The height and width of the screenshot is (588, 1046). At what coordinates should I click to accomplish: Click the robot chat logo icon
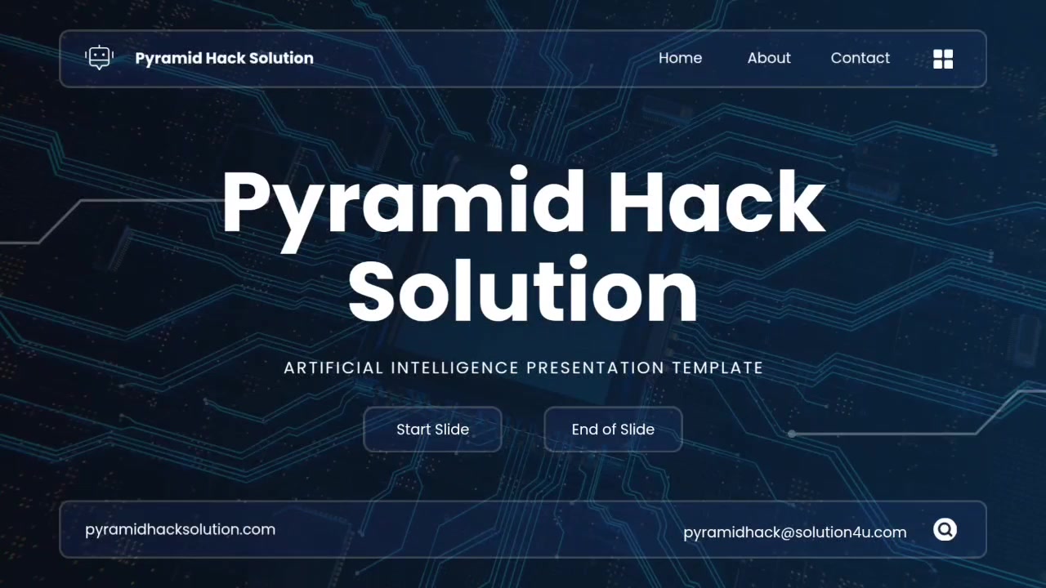pyautogui.click(x=100, y=58)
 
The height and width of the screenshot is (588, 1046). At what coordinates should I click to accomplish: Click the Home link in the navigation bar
pyautogui.click(x=681, y=58)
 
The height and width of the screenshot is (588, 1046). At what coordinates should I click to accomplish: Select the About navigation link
pyautogui.click(x=769, y=58)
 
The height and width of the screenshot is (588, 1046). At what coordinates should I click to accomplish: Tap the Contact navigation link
pyautogui.click(x=860, y=58)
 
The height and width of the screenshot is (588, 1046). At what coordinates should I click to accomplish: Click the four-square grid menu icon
pyautogui.click(x=943, y=59)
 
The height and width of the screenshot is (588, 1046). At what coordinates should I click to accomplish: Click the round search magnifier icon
pyautogui.click(x=945, y=530)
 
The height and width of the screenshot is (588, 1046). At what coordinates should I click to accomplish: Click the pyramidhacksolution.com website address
pyautogui.click(x=181, y=530)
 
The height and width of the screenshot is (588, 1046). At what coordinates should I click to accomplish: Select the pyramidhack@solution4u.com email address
pyautogui.click(x=795, y=532)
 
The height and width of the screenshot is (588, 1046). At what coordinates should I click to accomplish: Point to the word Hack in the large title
pyautogui.click(x=717, y=201)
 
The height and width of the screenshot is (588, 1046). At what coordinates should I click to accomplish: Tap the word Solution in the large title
pyautogui.click(x=523, y=289)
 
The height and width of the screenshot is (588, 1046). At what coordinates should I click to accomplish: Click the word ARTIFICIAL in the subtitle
pyautogui.click(x=334, y=367)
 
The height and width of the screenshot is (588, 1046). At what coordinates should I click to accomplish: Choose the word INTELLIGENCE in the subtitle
pyautogui.click(x=455, y=367)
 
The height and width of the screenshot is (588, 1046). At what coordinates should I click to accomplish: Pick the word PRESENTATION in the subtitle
pyautogui.click(x=596, y=367)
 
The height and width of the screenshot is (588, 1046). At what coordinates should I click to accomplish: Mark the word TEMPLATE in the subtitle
pyautogui.click(x=717, y=367)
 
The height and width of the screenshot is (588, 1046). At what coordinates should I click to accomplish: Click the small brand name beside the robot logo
pyautogui.click(x=224, y=58)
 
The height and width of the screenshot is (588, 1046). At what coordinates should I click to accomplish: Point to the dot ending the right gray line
pyautogui.click(x=792, y=434)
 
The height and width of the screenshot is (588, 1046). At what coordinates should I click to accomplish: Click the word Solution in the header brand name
pyautogui.click(x=281, y=58)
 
